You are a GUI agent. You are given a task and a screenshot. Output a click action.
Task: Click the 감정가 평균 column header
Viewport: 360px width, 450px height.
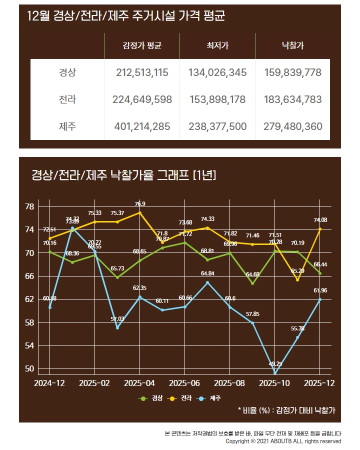click(142, 46)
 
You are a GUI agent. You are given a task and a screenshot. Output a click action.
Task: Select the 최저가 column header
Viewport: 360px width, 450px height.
click(217, 46)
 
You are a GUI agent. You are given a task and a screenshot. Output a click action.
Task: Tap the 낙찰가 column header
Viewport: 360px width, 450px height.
click(292, 46)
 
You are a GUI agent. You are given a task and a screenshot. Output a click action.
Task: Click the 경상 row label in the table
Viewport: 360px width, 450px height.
click(67, 72)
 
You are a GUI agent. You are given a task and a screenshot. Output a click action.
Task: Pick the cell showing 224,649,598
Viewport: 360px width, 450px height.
click(142, 99)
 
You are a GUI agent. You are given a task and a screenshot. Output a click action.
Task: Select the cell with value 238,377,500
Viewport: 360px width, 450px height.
click(217, 126)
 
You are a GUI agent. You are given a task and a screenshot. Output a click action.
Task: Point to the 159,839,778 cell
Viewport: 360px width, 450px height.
click(292, 72)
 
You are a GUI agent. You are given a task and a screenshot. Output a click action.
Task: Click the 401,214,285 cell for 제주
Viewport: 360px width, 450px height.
click(142, 126)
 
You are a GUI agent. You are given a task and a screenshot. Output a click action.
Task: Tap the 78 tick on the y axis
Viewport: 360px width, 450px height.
click(29, 206)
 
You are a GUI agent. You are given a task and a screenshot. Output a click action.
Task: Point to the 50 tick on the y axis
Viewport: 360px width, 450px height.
click(29, 369)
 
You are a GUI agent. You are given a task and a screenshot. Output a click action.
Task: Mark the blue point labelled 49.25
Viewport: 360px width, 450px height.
click(275, 373)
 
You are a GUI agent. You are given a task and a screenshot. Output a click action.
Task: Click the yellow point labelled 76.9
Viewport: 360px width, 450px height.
click(140, 212)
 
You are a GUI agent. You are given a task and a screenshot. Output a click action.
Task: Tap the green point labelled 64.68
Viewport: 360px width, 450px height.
click(252, 283)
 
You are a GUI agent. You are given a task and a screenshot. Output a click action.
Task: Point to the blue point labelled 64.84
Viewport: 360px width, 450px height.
click(207, 282)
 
